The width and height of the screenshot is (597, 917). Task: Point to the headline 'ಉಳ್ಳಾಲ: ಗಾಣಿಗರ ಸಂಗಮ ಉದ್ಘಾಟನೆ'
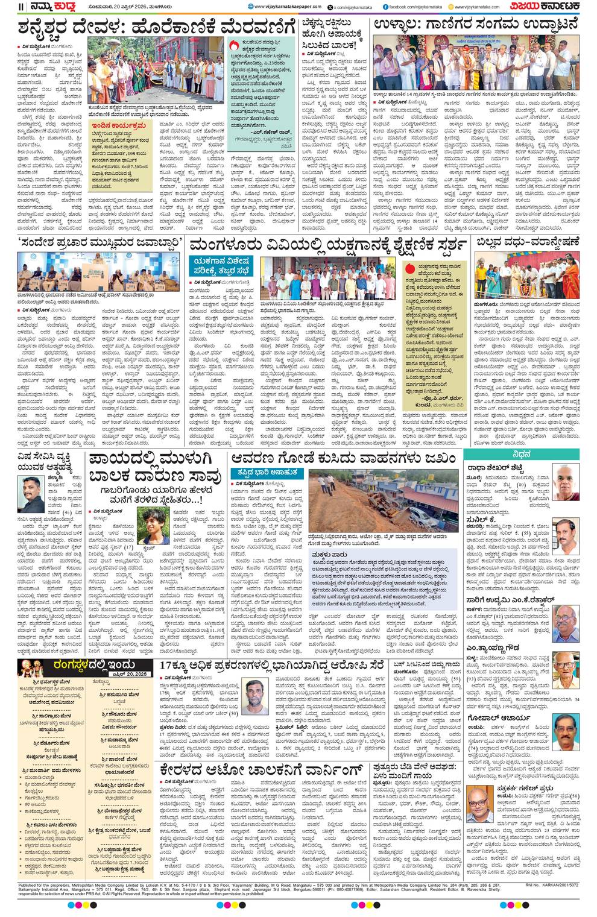(476, 25)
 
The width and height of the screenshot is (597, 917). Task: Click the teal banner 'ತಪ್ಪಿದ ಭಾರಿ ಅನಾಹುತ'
(268, 473)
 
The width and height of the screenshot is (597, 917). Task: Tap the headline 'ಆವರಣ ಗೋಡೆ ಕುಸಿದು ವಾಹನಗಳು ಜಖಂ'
(343, 459)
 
